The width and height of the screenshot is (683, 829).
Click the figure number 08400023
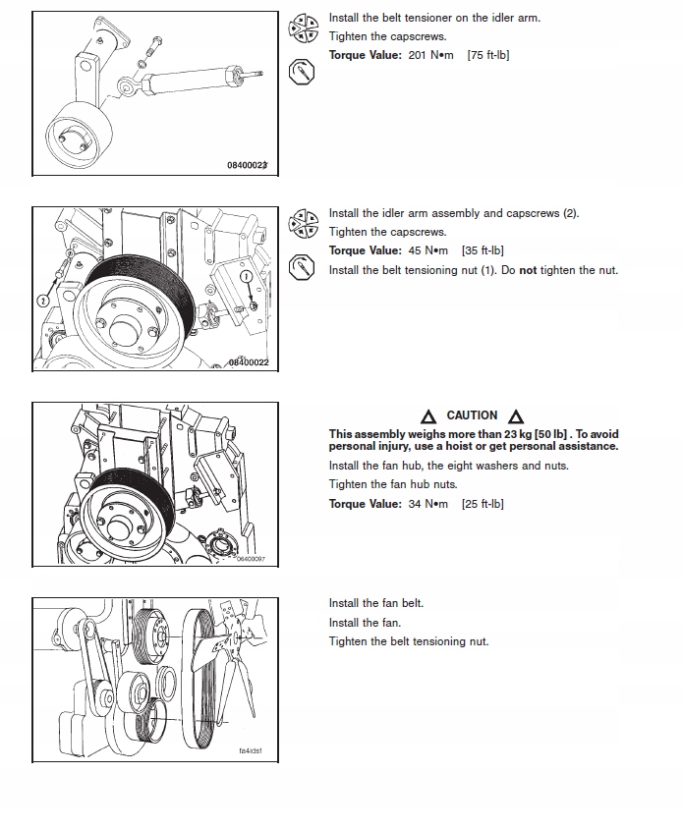[248, 166]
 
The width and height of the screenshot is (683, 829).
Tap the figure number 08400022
[248, 362]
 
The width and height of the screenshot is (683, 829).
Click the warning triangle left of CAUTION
[428, 416]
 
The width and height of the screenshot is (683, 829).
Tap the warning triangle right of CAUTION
[516, 416]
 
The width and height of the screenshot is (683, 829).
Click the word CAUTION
[472, 415]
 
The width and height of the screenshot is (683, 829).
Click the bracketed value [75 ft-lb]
[487, 55]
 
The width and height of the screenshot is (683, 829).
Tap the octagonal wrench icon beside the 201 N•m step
[302, 72]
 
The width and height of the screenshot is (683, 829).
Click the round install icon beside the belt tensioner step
[302, 28]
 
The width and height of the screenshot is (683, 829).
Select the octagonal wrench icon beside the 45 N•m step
[302, 266]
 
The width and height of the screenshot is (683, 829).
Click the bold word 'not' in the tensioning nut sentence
[528, 270]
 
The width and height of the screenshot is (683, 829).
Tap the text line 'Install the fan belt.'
[376, 603]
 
